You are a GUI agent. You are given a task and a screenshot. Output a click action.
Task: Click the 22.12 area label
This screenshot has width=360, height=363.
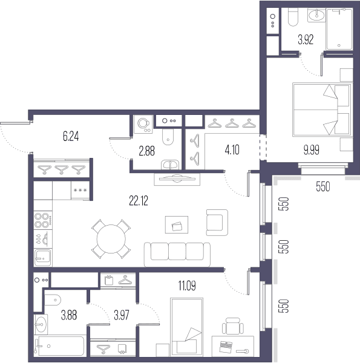[x=139, y=201]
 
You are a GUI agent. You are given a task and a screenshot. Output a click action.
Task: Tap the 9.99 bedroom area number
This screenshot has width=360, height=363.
[x=312, y=150]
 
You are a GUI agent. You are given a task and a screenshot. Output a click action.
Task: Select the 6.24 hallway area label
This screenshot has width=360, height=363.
[x=71, y=136]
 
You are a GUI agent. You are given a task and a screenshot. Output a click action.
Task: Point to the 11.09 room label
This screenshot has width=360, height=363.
[x=187, y=286]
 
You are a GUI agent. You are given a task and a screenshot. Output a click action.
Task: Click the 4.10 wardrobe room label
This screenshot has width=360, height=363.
[x=232, y=150]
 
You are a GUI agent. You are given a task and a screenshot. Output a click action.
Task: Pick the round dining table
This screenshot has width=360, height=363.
[x=111, y=239]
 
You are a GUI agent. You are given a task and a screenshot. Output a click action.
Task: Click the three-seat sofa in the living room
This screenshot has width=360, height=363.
[x=177, y=255]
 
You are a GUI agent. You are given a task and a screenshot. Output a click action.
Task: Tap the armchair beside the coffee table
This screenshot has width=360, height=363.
[x=217, y=223]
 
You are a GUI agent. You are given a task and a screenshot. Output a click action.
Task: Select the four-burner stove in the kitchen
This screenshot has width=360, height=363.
[x=43, y=220]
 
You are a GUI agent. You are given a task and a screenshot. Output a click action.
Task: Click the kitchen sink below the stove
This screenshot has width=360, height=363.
[x=43, y=258]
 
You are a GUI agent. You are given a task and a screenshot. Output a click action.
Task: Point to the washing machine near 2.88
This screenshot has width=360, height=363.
[x=143, y=125]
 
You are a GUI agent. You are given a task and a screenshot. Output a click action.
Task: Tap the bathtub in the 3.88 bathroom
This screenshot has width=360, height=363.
[x=60, y=346]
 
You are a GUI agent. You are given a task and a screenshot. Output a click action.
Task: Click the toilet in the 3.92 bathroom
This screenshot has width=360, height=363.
[x=293, y=17]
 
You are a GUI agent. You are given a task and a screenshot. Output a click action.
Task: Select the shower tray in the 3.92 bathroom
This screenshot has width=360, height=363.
[x=339, y=29]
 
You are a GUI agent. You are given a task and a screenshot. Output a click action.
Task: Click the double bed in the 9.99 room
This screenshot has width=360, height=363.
[x=322, y=110]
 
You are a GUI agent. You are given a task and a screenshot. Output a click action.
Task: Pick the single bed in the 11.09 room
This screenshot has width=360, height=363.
[x=186, y=327]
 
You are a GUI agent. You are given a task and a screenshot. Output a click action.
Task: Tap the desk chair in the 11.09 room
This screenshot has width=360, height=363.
[x=233, y=326]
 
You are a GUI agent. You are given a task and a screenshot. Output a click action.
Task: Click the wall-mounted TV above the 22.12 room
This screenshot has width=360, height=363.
[x=177, y=179]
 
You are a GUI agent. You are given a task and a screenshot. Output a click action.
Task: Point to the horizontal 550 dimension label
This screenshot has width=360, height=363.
[x=322, y=186]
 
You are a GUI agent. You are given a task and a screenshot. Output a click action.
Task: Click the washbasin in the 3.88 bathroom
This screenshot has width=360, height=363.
[x=41, y=324]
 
